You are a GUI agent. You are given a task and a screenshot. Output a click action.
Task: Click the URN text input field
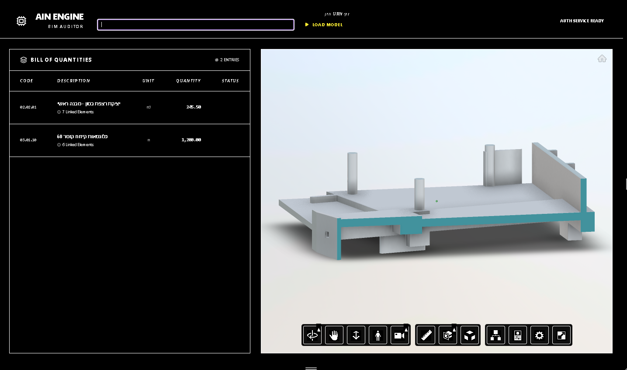pos(195,24)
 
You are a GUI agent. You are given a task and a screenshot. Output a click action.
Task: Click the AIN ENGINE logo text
pos(59,17)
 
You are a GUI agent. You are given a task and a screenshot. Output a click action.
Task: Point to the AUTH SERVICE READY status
pos(582,21)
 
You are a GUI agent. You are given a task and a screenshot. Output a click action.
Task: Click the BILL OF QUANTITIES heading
pos(61,60)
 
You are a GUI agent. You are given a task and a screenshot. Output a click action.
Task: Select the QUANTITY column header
pos(188,81)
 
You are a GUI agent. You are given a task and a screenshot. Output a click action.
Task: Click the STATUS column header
pos(230,81)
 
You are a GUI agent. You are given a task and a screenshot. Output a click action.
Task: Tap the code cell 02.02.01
pos(28,107)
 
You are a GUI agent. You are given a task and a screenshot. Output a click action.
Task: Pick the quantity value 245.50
pos(194,107)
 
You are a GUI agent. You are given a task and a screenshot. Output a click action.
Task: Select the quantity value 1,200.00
pos(191,140)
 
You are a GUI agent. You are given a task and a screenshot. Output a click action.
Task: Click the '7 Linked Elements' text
pos(78,112)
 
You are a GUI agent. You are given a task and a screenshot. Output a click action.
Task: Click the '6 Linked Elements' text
pos(78,145)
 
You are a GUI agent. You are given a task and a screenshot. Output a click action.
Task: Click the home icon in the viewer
pos(602,59)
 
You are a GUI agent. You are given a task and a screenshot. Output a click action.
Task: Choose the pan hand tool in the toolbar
pos(334,335)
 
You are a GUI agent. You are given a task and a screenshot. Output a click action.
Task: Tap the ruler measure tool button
pos(426,335)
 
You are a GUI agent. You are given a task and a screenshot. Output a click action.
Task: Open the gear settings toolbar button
pos(540,335)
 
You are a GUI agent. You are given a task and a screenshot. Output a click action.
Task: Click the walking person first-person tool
pos(378,335)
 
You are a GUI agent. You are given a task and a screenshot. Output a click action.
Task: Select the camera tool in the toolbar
pos(399,335)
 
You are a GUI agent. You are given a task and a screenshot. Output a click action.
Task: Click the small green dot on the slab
pos(436,201)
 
